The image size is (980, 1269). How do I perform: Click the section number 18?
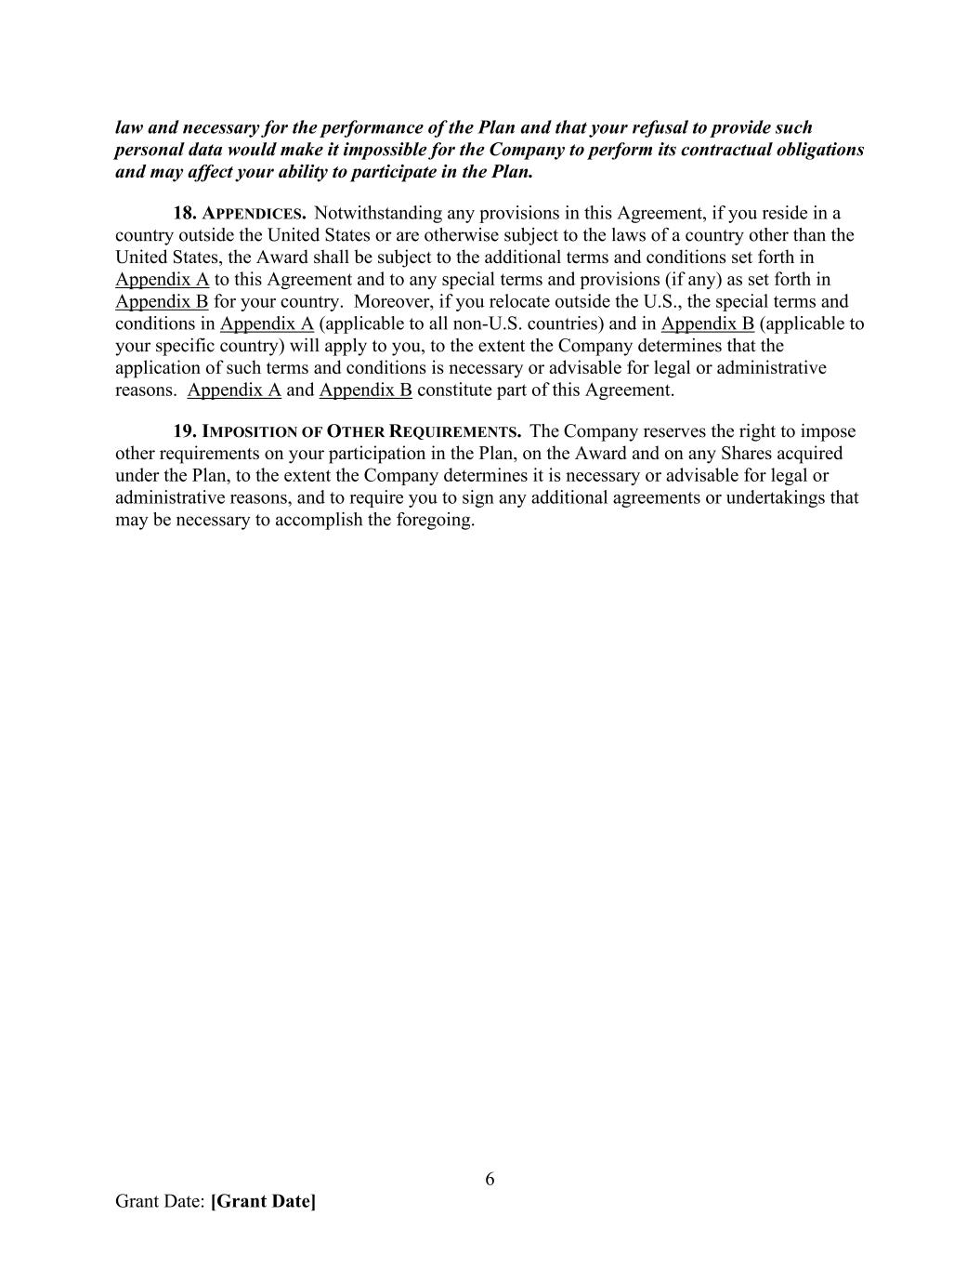tap(185, 213)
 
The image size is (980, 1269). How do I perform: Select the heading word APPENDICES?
tap(255, 214)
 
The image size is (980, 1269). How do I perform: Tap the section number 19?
tap(185, 431)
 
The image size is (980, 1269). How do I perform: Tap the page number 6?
tap(490, 1180)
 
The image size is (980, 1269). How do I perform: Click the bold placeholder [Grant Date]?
tap(263, 1201)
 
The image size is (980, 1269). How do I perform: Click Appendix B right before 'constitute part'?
tap(365, 390)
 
